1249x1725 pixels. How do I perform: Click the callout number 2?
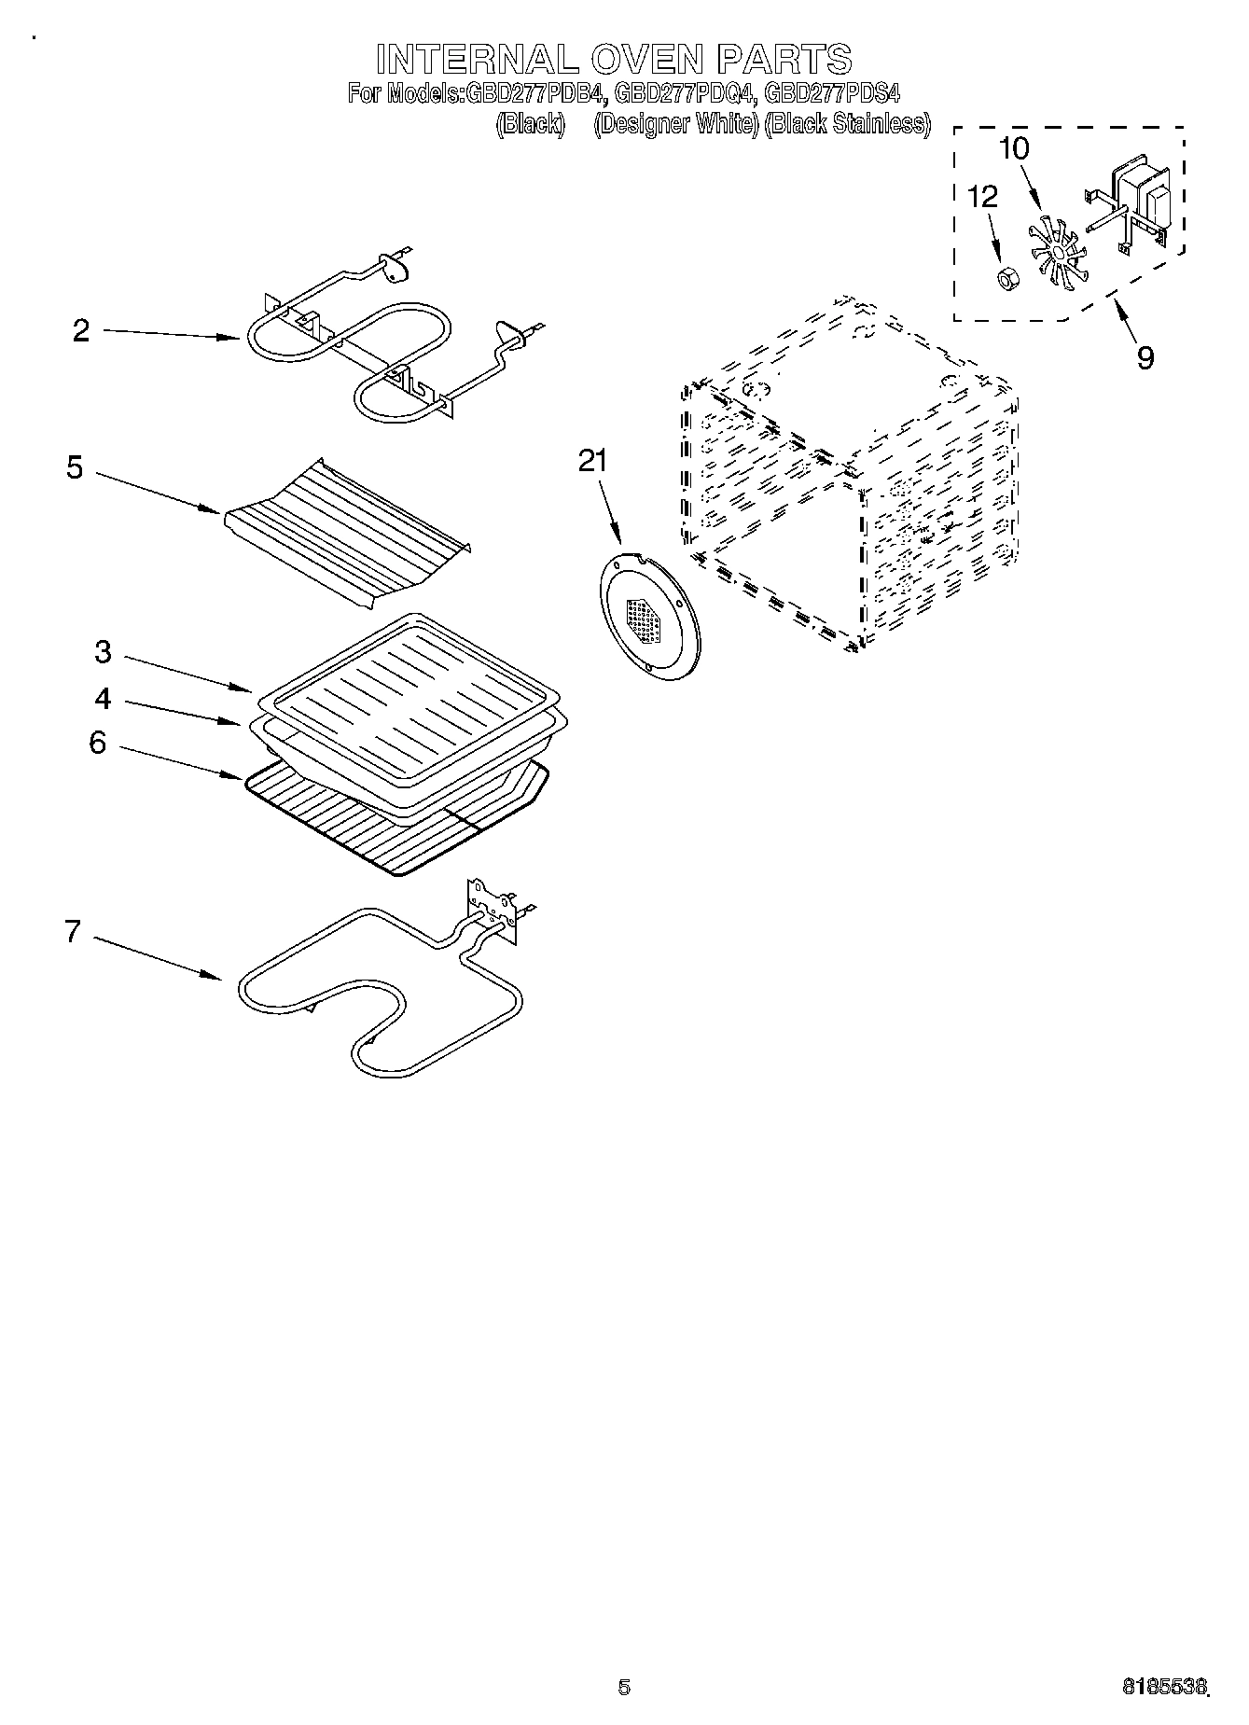click(82, 331)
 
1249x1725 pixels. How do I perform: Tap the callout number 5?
click(75, 468)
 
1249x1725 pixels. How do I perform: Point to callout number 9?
click(1145, 357)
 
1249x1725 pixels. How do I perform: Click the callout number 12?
click(982, 197)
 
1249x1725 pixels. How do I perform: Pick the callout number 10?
click(1014, 149)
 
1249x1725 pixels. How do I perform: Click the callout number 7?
click(74, 932)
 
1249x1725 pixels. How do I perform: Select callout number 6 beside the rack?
click(98, 744)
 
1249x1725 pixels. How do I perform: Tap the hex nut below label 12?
click(1006, 277)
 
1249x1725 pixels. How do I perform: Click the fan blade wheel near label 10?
click(1053, 251)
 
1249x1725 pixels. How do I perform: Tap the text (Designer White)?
click(675, 124)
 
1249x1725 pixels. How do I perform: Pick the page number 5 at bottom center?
click(624, 1686)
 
